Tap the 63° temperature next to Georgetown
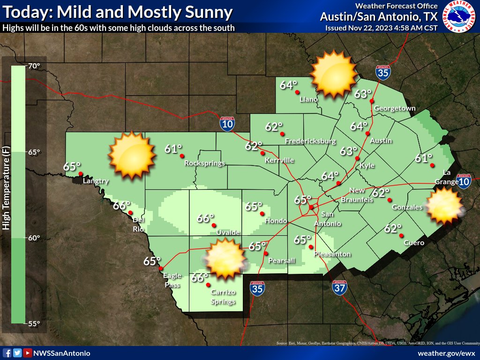pos(362,94)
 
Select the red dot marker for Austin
pos(367,134)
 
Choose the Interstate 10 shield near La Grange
pos(464,181)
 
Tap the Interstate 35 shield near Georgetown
pos(383,73)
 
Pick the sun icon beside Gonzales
pos(443,206)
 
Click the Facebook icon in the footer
pos(7,353)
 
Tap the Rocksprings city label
pos(204,164)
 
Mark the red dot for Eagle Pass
pos(161,269)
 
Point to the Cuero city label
pos(415,243)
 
